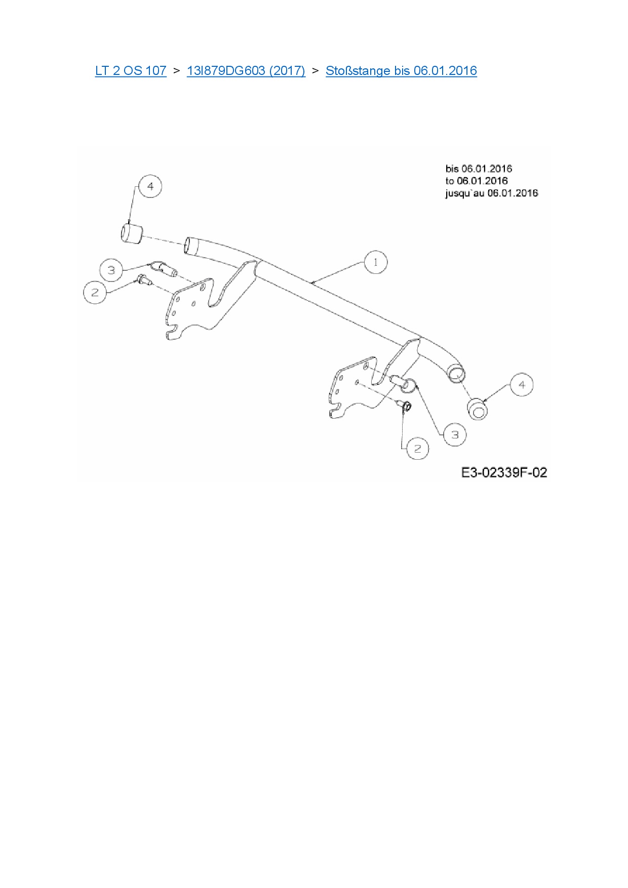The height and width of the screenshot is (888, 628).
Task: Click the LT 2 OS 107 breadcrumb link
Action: (131, 71)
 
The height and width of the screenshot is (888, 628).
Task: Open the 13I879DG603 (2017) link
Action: (246, 71)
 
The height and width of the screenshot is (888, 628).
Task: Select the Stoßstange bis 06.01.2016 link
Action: (401, 71)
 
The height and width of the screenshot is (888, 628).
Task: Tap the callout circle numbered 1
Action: (375, 262)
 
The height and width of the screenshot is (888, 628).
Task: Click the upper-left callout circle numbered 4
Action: (150, 186)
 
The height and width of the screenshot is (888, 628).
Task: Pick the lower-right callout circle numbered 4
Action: (522, 385)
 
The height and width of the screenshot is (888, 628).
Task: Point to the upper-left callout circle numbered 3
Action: (111, 270)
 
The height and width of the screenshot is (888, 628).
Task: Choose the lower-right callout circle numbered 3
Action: (455, 434)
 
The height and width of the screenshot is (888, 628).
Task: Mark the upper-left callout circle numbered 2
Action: (95, 292)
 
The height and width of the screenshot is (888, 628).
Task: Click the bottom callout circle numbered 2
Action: (417, 449)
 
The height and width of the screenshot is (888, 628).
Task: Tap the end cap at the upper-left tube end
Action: (131, 233)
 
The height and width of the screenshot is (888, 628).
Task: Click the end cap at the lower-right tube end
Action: (478, 409)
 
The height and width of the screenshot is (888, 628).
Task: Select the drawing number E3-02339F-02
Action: (504, 473)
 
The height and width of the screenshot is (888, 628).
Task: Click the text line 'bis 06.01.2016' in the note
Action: (479, 169)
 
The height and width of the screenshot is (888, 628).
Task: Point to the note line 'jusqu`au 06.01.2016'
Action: (491, 193)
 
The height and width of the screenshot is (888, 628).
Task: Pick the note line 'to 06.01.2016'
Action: (477, 181)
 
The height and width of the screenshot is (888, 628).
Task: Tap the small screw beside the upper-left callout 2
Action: (142, 279)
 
